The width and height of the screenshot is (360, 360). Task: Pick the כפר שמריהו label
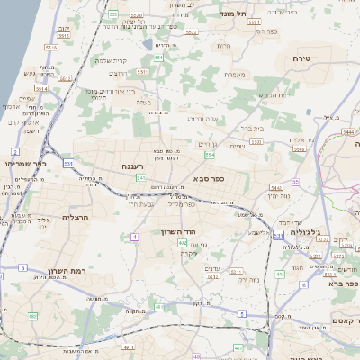(x=24, y=165)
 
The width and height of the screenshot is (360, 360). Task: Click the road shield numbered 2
(x=15, y=151)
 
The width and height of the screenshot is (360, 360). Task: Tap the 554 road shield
(x=209, y=155)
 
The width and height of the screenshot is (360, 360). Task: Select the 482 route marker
(x=32, y=316)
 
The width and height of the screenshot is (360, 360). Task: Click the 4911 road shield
(x=129, y=346)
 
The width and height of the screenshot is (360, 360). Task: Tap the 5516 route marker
(x=50, y=47)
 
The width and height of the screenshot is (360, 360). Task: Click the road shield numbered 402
(x=183, y=243)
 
